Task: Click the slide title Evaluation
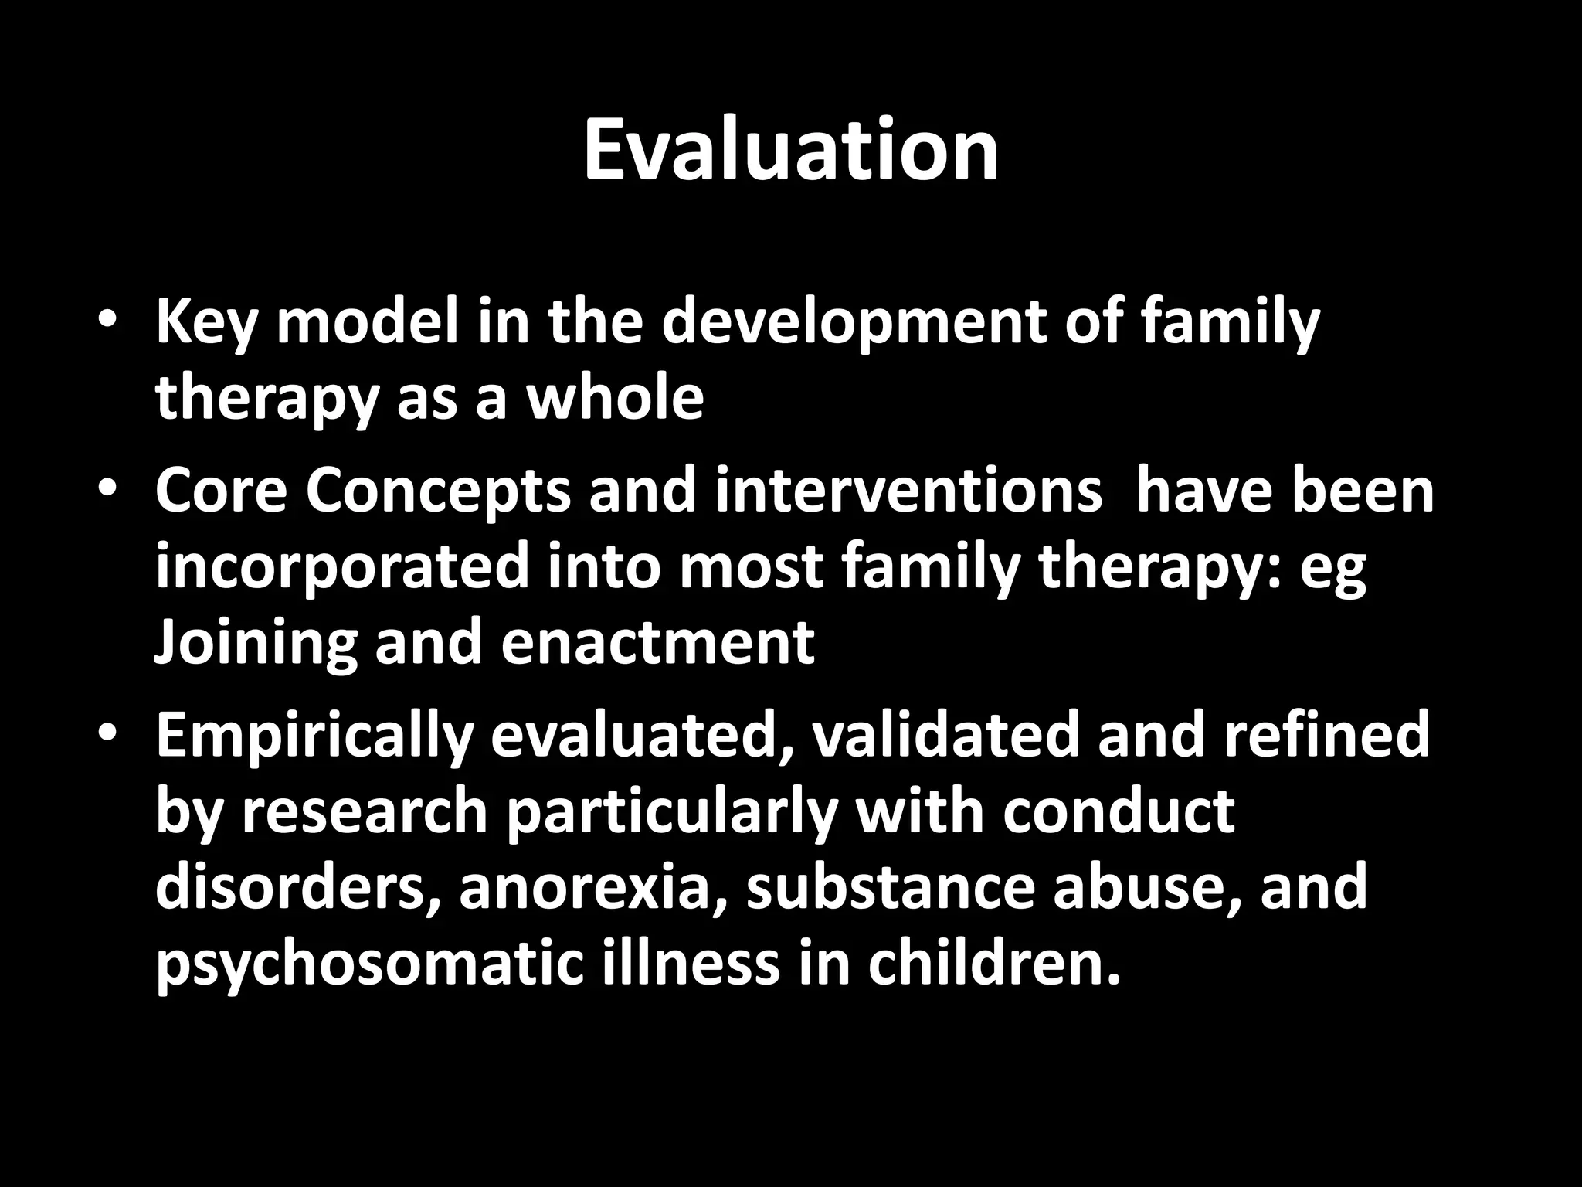(x=791, y=151)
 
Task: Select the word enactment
(x=657, y=643)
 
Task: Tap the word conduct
(x=1119, y=811)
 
